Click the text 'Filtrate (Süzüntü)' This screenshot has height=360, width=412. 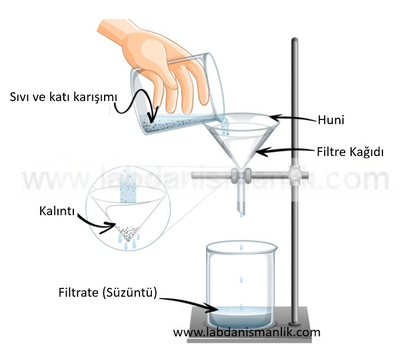click(108, 293)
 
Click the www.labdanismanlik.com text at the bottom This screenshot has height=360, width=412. click(246, 332)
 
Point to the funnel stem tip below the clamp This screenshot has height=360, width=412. click(241, 206)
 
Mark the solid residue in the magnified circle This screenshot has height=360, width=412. click(126, 228)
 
